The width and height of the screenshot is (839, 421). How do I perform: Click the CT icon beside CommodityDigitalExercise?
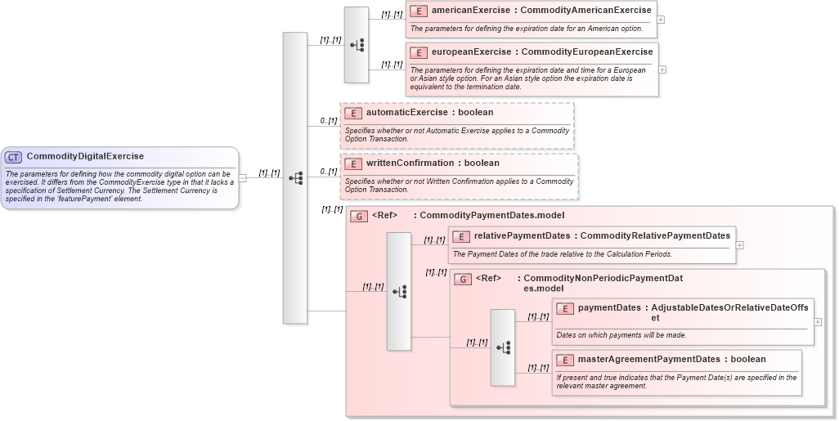click(13, 157)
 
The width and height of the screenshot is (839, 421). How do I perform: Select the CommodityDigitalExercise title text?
click(85, 156)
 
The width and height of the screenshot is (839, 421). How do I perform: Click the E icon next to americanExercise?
click(419, 11)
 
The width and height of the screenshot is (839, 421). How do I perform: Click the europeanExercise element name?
click(471, 52)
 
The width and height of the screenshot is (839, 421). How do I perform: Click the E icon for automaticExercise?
click(353, 113)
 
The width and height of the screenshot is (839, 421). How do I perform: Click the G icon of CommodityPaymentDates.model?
click(358, 216)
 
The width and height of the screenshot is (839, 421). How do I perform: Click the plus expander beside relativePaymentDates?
click(739, 244)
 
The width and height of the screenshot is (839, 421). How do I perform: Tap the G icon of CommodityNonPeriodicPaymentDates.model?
click(463, 279)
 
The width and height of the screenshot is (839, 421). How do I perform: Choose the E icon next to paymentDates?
click(565, 308)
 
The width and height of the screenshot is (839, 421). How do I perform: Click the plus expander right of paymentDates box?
click(818, 322)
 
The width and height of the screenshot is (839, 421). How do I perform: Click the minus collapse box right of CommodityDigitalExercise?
click(243, 177)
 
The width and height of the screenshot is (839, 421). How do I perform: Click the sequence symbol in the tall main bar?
click(295, 177)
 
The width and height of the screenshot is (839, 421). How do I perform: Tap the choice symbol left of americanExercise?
click(357, 45)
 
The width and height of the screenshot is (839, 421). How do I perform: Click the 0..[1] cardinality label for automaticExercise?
click(328, 121)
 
